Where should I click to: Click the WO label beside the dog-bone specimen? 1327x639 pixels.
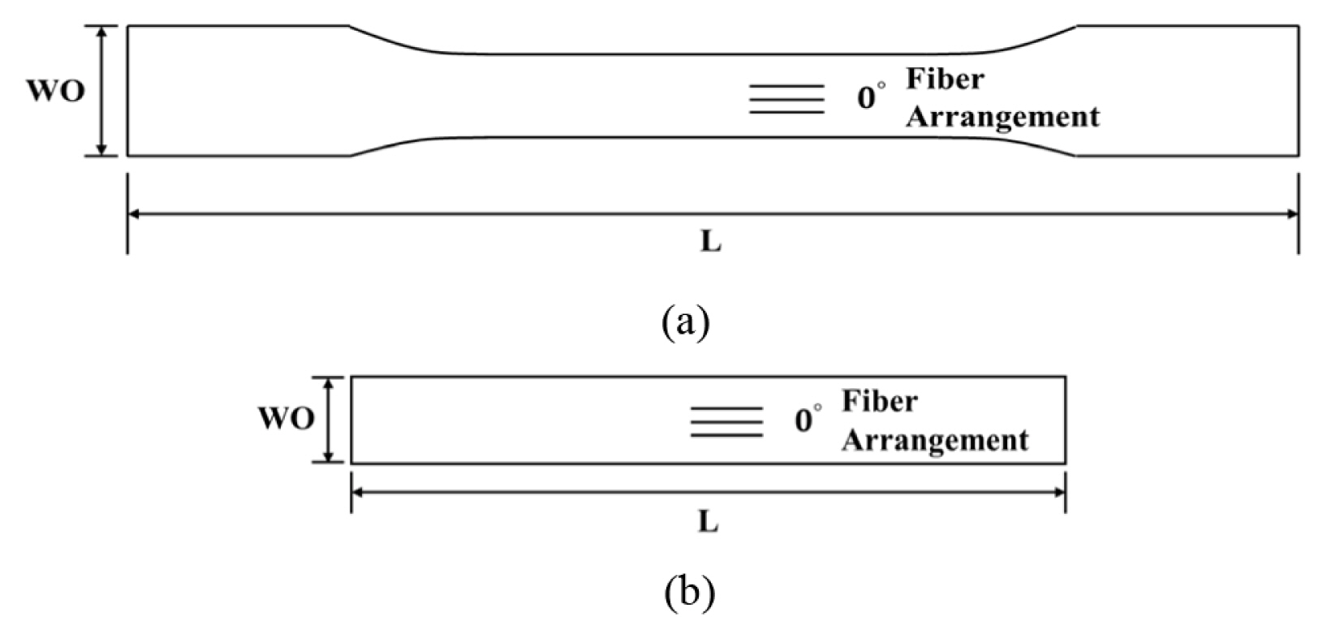(x=55, y=92)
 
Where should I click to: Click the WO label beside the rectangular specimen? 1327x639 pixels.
(x=286, y=420)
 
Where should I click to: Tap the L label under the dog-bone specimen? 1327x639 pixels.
(x=710, y=242)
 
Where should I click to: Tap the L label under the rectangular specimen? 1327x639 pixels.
(x=708, y=523)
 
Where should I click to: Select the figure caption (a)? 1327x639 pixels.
(x=686, y=322)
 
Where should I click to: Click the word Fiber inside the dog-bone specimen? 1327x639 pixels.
(x=945, y=80)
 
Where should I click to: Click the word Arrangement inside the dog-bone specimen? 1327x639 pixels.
(x=1002, y=117)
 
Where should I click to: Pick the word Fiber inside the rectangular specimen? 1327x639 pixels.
(x=880, y=401)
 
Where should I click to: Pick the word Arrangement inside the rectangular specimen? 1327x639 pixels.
(x=935, y=440)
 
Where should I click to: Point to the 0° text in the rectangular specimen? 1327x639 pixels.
(x=807, y=420)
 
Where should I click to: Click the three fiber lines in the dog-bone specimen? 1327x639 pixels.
(x=786, y=99)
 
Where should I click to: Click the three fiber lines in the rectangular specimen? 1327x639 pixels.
(x=726, y=421)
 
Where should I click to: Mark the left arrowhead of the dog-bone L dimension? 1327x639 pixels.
(x=135, y=214)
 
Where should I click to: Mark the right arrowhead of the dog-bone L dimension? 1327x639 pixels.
(x=1291, y=214)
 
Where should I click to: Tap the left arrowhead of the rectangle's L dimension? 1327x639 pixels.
(x=358, y=492)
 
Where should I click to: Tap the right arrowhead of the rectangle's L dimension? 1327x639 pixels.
(x=1058, y=492)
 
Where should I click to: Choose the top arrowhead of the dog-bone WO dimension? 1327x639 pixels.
(x=101, y=32)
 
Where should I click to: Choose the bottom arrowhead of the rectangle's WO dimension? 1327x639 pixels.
(x=329, y=457)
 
